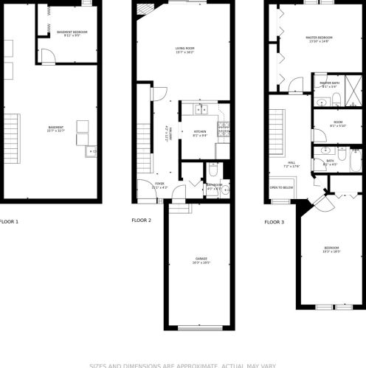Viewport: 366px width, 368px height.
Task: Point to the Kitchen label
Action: click(x=201, y=132)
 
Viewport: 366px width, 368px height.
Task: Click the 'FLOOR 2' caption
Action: click(x=141, y=221)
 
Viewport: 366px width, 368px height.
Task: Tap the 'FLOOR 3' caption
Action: click(x=274, y=221)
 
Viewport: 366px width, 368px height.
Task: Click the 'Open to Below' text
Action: click(x=282, y=187)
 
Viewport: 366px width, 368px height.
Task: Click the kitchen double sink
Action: click(x=201, y=111)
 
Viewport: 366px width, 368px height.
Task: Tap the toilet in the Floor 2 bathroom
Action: click(x=211, y=167)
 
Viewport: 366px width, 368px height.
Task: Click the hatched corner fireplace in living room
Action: click(x=142, y=9)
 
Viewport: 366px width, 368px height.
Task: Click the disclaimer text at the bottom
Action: click(x=183, y=364)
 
